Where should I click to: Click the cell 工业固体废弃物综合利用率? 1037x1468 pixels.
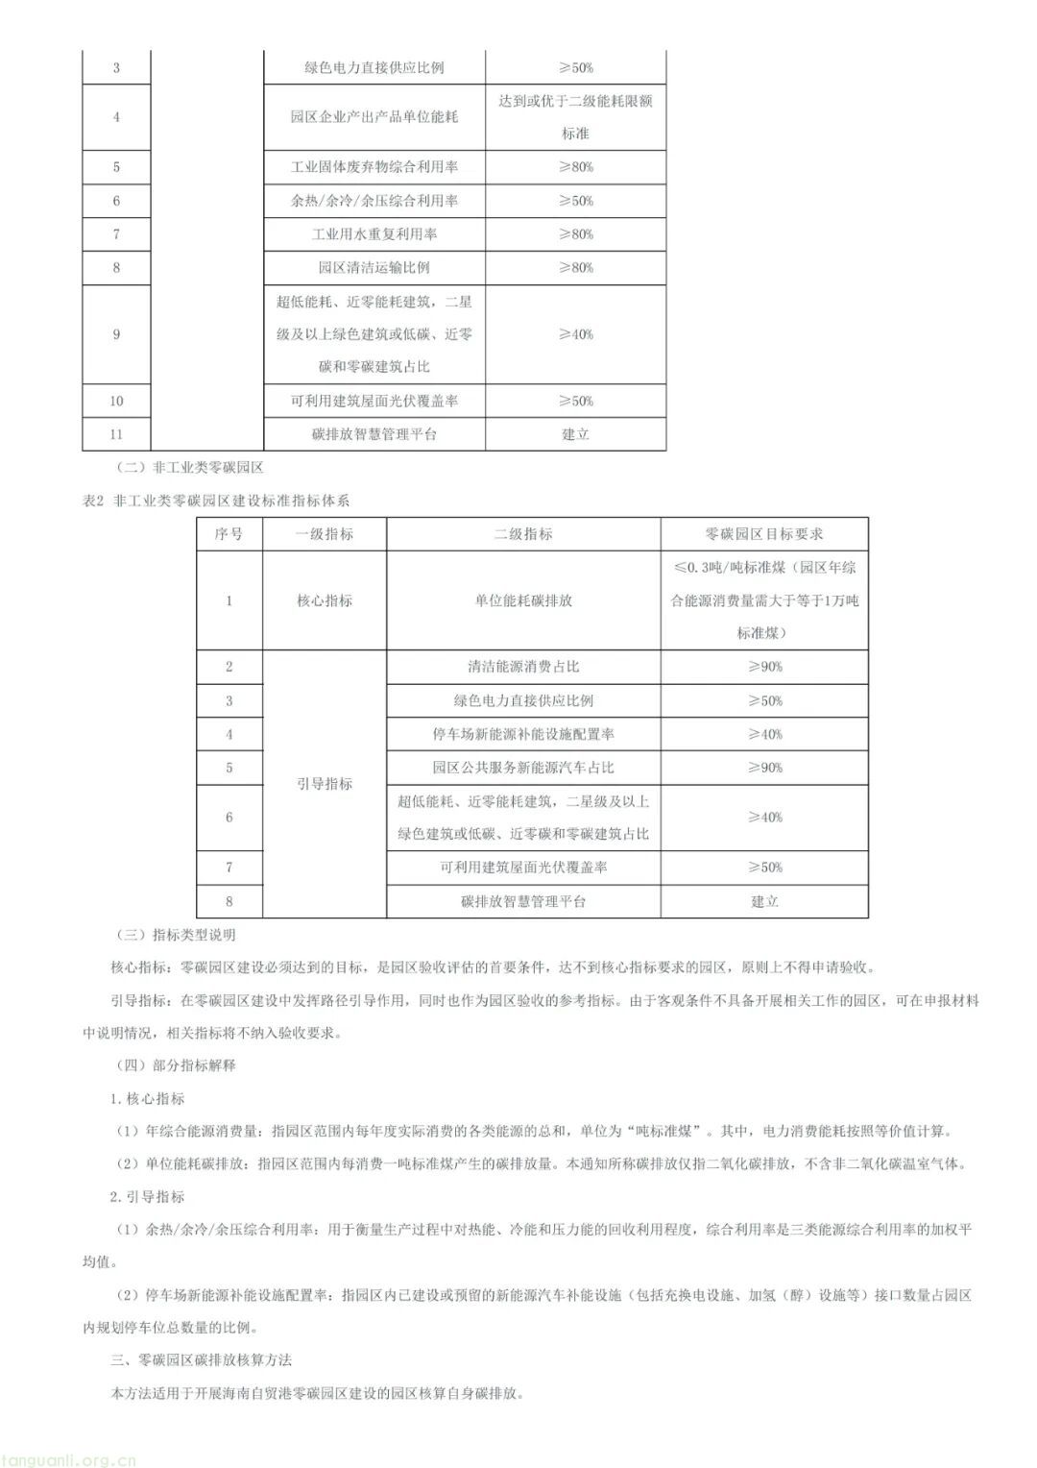pos(374,167)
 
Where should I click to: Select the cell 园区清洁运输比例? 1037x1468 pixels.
pos(374,268)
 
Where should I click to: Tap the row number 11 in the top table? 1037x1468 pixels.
pos(116,434)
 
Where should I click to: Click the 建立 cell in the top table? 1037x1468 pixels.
pos(575,434)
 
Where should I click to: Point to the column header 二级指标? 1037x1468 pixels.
pos(523,534)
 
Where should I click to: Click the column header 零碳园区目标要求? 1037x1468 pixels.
pos(764,534)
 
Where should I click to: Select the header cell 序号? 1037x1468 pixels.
pos(229,534)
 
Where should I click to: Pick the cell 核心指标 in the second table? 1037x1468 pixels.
pos(325,600)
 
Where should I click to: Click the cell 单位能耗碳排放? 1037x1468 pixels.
pos(523,600)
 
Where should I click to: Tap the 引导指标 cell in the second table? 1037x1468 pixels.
pos(325,784)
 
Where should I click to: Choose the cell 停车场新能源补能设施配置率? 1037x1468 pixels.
pos(523,734)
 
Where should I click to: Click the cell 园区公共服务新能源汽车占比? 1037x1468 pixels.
pos(523,768)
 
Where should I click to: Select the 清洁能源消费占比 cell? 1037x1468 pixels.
pos(523,667)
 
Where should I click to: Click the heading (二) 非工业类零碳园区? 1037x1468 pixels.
pos(188,468)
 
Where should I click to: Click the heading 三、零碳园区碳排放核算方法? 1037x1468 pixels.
pos(202,1360)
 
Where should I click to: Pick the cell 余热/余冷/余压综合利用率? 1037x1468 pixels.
pos(374,201)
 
